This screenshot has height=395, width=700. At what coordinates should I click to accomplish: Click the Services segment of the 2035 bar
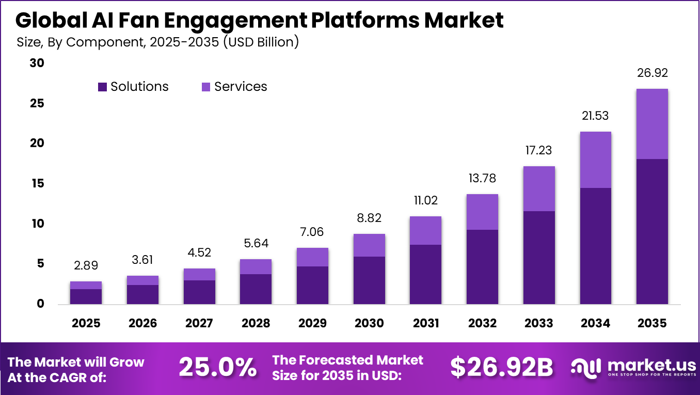[652, 124]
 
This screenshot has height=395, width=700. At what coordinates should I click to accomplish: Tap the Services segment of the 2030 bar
[369, 245]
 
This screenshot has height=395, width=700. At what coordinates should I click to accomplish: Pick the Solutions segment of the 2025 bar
[86, 296]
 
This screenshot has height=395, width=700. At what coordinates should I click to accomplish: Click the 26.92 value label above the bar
[652, 73]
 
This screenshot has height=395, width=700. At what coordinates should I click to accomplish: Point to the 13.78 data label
[482, 178]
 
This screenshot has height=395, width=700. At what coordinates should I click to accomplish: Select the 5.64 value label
[256, 243]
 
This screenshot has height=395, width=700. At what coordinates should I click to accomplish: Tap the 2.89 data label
[86, 265]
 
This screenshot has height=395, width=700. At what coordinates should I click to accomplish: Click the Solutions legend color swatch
[102, 87]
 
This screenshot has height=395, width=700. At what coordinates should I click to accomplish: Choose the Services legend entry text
[241, 87]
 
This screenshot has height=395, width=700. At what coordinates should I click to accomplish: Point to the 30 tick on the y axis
[38, 63]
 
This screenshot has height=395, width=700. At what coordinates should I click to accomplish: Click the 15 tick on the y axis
[38, 183]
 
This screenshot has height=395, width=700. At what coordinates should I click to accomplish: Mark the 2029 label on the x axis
[312, 323]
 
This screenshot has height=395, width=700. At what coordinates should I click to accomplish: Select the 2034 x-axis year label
[595, 323]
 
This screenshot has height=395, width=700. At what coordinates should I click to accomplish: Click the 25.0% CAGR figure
[217, 368]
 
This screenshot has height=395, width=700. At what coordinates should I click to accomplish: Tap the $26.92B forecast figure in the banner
[501, 368]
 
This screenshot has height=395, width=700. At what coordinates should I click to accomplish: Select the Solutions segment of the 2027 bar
[199, 292]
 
